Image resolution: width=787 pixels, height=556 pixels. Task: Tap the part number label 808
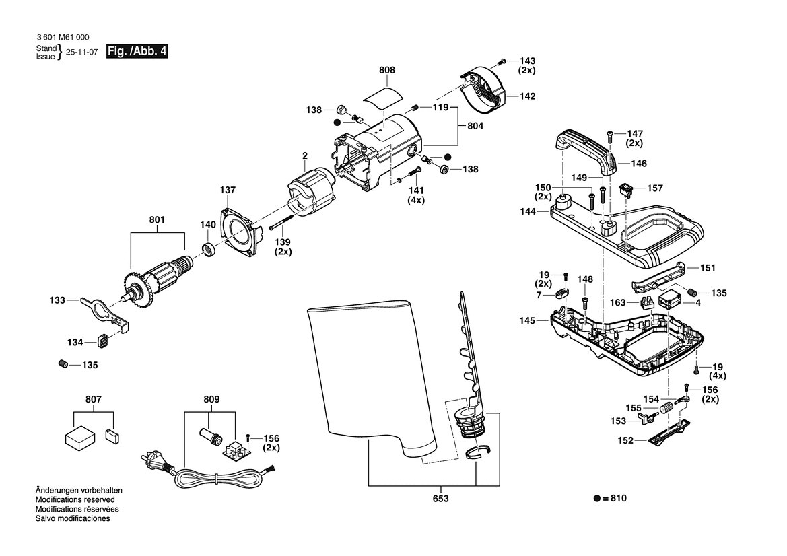387,70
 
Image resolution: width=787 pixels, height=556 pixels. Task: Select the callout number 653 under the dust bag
441,499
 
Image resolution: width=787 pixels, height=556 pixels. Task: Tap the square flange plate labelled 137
240,235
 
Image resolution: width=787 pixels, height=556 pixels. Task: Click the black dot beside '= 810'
596,499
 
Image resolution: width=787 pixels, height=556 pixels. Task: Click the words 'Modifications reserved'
75,500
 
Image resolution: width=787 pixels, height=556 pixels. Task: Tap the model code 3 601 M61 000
64,38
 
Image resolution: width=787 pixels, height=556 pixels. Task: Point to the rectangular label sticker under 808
382,95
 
